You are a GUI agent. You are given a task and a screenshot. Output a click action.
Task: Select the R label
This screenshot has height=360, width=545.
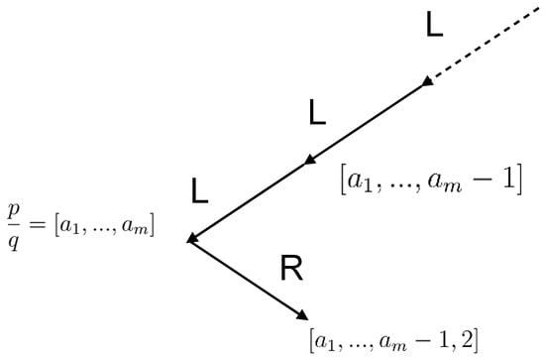[x=291, y=269]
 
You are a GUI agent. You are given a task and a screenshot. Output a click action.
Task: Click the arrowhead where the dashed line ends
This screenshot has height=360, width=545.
[x=427, y=82]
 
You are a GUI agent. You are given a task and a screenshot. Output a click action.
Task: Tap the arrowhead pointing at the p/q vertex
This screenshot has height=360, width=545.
[x=194, y=238]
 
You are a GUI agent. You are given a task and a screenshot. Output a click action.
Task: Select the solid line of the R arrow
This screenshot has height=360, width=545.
[x=248, y=281]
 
